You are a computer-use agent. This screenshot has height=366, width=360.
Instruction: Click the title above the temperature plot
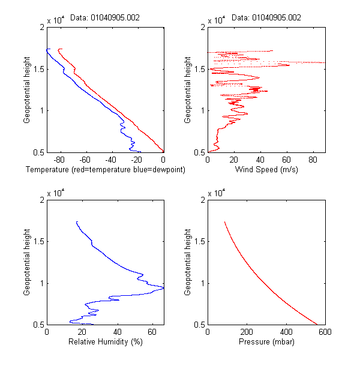click(x=105, y=17)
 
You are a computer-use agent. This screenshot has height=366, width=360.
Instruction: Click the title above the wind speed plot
click(x=266, y=17)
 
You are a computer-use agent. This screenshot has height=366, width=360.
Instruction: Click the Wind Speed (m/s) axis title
click(x=266, y=170)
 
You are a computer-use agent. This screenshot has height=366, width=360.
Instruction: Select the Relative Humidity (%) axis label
click(x=104, y=343)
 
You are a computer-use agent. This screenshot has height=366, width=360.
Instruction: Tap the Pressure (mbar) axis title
click(x=266, y=343)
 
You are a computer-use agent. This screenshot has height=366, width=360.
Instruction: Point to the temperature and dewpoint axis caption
click(x=105, y=170)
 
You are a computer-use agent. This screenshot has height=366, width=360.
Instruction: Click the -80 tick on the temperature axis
click(x=59, y=160)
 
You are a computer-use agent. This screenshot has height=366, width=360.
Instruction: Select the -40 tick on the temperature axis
click(x=111, y=160)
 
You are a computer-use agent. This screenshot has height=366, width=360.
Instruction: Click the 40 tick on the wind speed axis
click(x=260, y=160)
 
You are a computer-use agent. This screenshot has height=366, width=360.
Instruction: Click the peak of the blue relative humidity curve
click(x=163, y=288)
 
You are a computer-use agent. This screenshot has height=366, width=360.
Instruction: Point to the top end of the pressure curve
click(x=225, y=222)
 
